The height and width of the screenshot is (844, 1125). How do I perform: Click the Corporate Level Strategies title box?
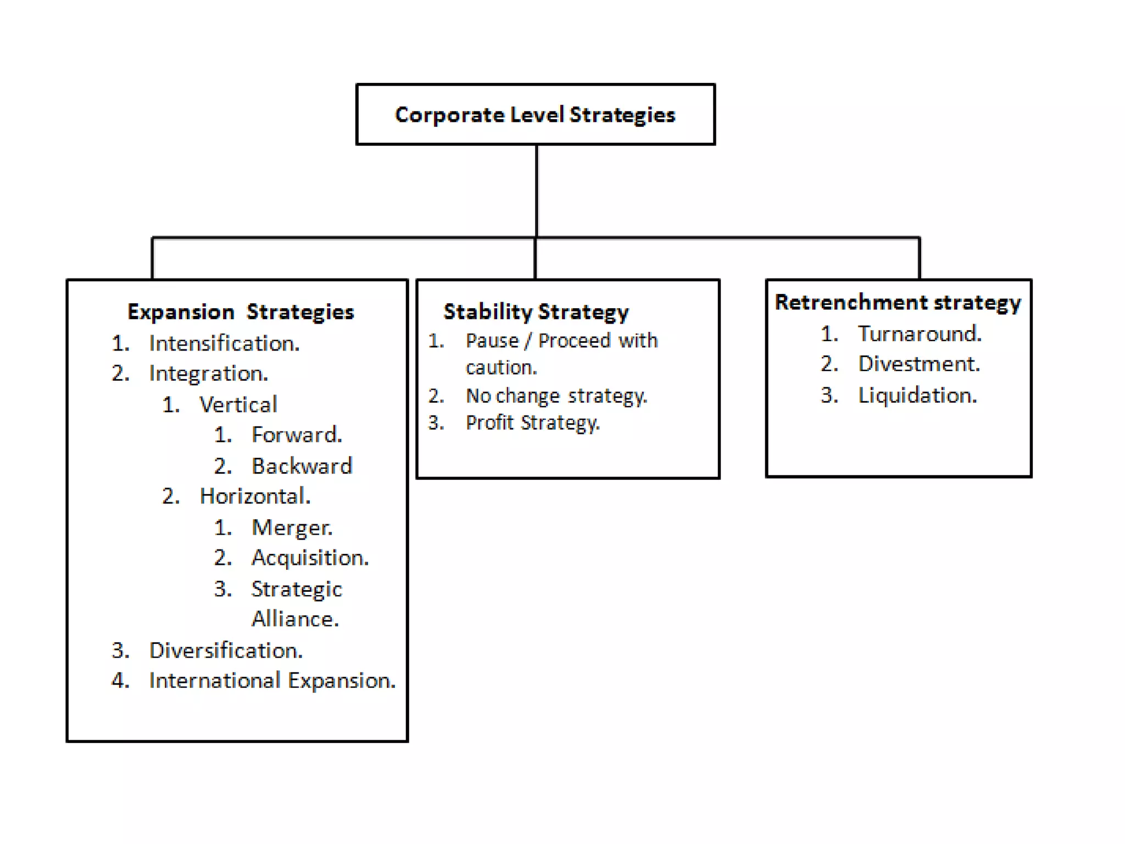[535, 114]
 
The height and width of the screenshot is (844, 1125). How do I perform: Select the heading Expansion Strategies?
[241, 312]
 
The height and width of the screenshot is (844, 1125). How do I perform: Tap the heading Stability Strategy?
[536, 312]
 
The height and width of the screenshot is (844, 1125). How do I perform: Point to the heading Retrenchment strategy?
[898, 302]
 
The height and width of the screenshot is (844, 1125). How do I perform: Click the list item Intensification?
[224, 343]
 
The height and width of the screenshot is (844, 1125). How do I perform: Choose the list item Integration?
[208, 374]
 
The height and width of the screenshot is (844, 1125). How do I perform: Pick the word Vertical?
[238, 405]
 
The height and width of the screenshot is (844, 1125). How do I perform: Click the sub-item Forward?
[297, 435]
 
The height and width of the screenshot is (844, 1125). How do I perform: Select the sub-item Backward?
[302, 466]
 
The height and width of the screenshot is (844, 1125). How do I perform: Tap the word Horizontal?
[255, 496]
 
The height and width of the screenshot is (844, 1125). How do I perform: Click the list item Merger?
[292, 527]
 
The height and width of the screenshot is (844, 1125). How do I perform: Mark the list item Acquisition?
[310, 558]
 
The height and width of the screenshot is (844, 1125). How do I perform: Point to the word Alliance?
[295, 619]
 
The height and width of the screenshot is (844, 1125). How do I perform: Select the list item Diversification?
[226, 651]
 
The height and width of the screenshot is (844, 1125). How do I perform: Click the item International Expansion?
[272, 681]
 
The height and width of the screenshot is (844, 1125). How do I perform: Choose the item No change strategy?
[556, 396]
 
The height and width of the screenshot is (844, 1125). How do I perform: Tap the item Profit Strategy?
[532, 423]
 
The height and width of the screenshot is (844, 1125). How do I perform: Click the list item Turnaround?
[920, 334]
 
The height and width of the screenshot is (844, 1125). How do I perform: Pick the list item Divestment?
[919, 364]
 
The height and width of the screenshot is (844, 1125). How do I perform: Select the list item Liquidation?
[917, 396]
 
